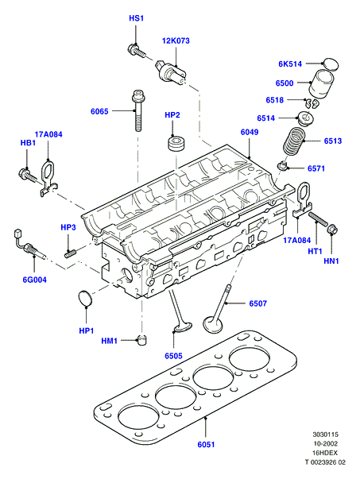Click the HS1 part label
pyautogui.click(x=137, y=18)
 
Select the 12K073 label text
pyautogui.click(x=176, y=41)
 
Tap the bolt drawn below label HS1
pyautogui.click(x=137, y=51)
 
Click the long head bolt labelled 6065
pyautogui.click(x=137, y=110)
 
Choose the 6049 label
pyautogui.click(x=250, y=132)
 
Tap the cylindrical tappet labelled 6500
pyautogui.click(x=322, y=83)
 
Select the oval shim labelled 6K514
pyautogui.click(x=331, y=64)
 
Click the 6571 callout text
pyautogui.click(x=316, y=168)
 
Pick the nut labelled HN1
pyautogui.click(x=332, y=230)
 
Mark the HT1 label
pyautogui.click(x=315, y=251)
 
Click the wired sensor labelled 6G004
pyautogui.click(x=29, y=245)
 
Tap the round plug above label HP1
pyautogui.click(x=86, y=298)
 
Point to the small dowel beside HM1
pyautogui.click(x=141, y=340)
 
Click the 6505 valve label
pyautogui.click(x=173, y=356)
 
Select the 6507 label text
pyautogui.click(x=258, y=303)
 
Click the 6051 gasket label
pyautogui.click(x=206, y=445)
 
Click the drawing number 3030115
pyautogui.click(x=326, y=434)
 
